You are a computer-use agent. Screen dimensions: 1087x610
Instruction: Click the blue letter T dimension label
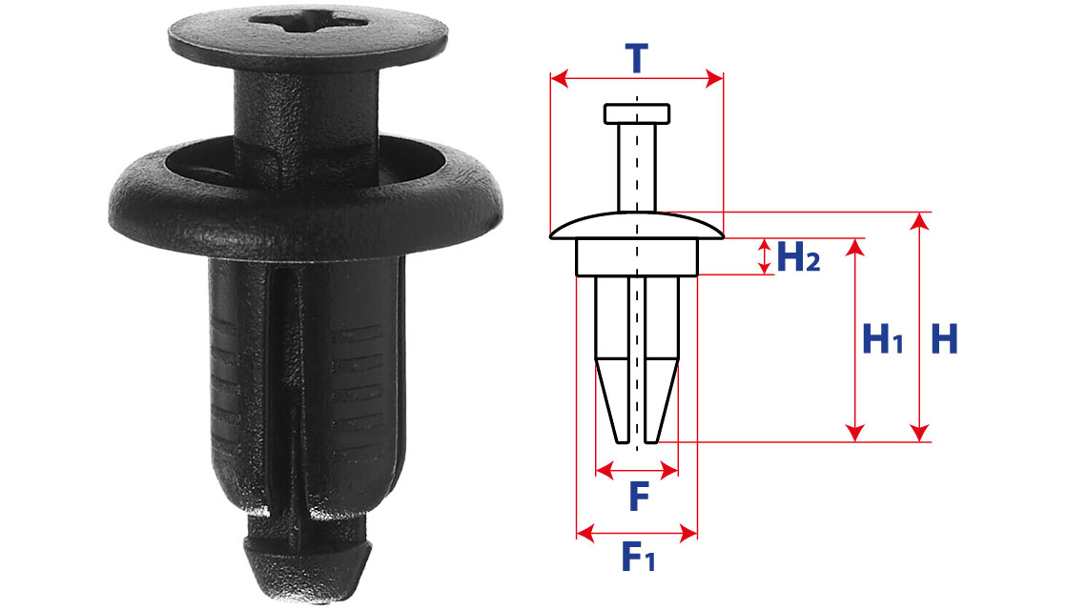pos(636,58)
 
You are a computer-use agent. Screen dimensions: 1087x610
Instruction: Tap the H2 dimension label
pos(798,257)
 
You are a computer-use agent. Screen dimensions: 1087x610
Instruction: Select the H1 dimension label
pos(883,339)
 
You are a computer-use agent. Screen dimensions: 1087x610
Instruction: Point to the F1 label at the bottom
pos(638,557)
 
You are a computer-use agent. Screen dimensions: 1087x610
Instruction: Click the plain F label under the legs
pos(639,497)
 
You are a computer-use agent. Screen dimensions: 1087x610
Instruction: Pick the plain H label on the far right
pos(944,339)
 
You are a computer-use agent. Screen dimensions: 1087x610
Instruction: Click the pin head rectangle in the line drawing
pos(636,113)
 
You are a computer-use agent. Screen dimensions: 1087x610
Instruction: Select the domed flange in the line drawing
pos(636,226)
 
